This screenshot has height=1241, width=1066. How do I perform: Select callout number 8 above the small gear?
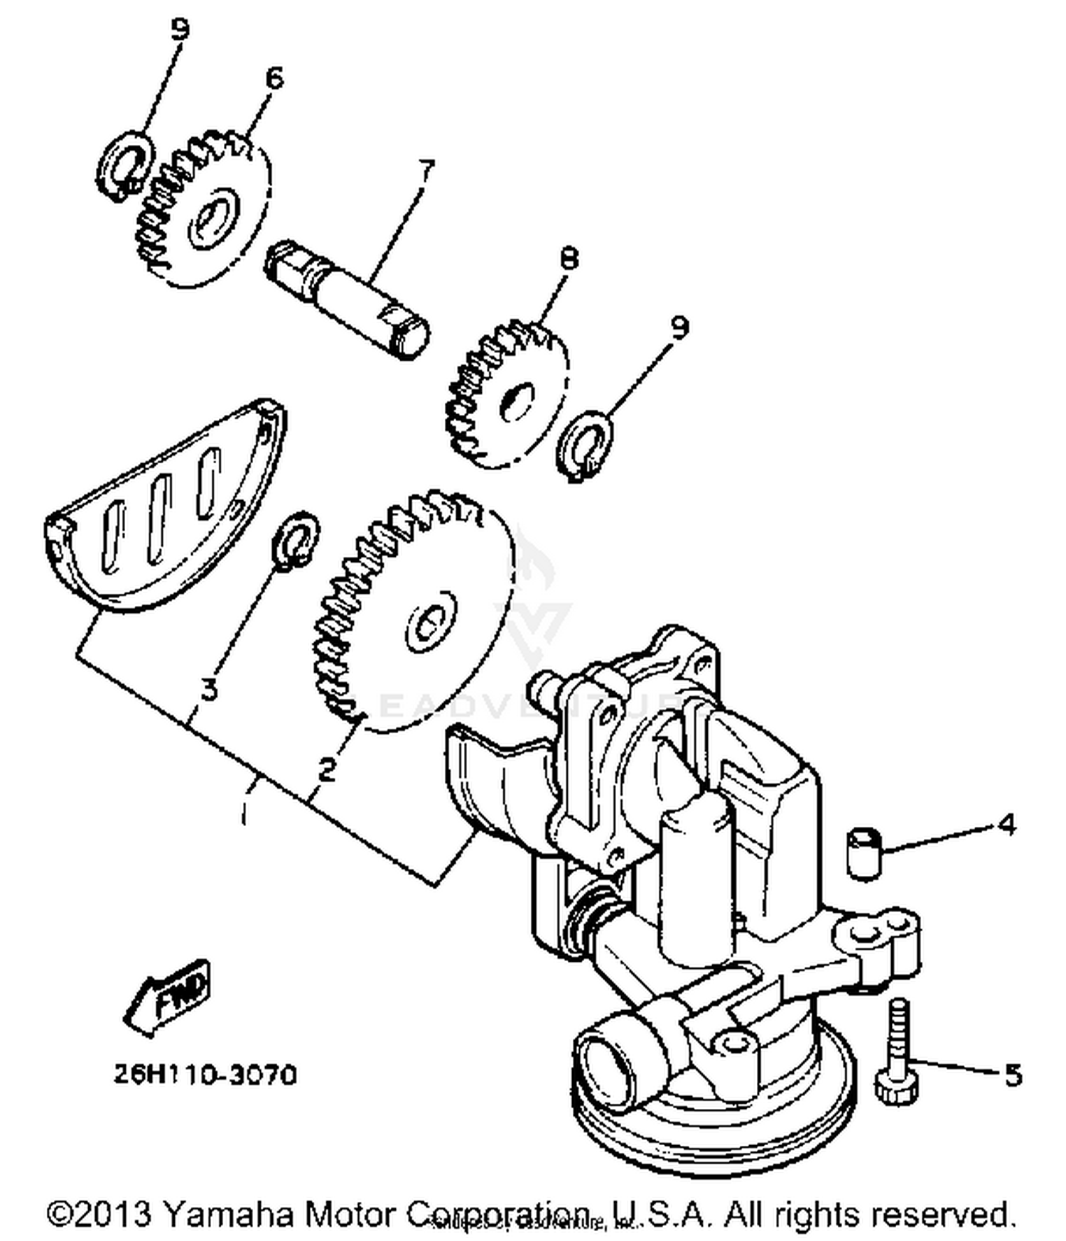tap(569, 258)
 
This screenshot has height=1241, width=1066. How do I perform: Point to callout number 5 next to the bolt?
tap(1013, 1075)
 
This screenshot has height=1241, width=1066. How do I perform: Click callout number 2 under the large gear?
tap(326, 769)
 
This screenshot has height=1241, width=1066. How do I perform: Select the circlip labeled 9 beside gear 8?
tap(585, 448)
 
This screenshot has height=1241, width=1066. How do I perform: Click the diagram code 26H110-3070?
tap(205, 1075)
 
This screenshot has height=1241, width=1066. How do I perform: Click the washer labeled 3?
tap(296, 539)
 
